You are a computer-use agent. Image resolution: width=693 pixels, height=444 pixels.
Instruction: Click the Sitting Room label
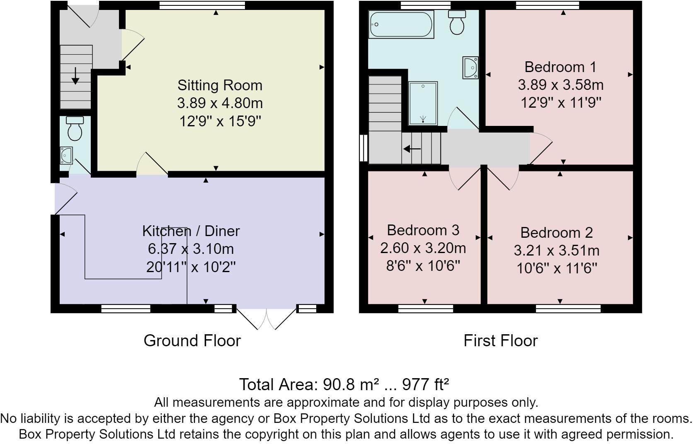tap(220, 85)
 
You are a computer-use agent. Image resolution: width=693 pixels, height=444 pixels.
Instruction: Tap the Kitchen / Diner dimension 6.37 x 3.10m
tap(191, 249)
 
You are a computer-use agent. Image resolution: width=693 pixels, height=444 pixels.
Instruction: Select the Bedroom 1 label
tap(560, 67)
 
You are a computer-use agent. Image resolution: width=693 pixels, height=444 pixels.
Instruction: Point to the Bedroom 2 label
tap(557, 233)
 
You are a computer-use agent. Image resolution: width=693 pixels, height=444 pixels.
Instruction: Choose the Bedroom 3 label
tap(423, 230)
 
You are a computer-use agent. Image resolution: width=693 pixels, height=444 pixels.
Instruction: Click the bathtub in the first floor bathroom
tap(401, 24)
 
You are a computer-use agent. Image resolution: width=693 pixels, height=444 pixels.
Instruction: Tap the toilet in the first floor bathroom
tap(457, 22)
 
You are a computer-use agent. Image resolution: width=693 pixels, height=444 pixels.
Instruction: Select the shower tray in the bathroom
tap(423, 103)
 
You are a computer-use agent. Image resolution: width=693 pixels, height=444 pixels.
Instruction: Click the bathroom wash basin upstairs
tap(470, 68)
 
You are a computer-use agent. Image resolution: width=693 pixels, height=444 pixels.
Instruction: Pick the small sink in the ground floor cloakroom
tap(66, 155)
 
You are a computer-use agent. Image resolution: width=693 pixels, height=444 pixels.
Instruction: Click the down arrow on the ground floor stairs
tap(75, 76)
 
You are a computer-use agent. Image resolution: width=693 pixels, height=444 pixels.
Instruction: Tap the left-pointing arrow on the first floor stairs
tap(412, 149)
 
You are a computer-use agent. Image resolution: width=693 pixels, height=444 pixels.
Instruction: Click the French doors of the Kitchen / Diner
tap(267, 318)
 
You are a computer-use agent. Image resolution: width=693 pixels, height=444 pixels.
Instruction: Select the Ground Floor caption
tap(192, 341)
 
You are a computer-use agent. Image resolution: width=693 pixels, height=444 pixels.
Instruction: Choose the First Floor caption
tap(501, 341)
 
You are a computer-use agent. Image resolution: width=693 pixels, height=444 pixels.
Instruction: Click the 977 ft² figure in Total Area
tap(425, 385)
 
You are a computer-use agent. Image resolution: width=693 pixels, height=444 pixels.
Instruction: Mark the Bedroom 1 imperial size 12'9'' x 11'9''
tap(561, 103)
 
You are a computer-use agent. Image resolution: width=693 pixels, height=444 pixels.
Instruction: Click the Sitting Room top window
tap(202, 5)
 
